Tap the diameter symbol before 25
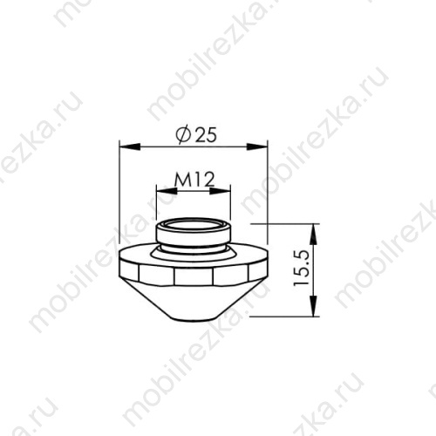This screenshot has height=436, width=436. tap(181, 135)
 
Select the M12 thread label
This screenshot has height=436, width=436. tap(194, 180)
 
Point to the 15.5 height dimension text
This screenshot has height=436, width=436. tap(301, 269)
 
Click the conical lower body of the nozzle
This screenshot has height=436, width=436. tap(193, 296)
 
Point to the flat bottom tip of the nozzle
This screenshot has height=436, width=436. tap(193, 314)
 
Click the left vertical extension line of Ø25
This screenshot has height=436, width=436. tap(119, 201)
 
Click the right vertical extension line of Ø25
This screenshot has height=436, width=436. tap(265, 201)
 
